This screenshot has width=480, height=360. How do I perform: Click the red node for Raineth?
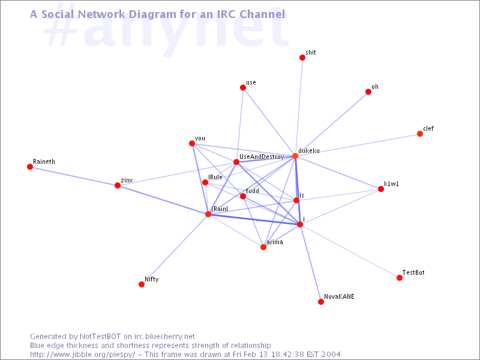click(x=29, y=167)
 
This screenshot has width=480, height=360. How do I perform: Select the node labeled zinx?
click(x=118, y=185)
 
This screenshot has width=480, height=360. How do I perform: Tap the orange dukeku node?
click(x=295, y=156)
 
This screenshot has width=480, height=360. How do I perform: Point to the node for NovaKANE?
click(x=321, y=302)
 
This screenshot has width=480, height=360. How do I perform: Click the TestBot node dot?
click(x=400, y=278)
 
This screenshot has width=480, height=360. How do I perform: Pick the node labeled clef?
click(x=420, y=134)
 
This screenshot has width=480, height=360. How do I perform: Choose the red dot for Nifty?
click(x=142, y=284)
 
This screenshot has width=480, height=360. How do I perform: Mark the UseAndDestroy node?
click(x=236, y=162)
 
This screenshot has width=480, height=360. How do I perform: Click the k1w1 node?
click(x=381, y=189)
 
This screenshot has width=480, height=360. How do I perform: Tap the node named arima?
click(x=263, y=247)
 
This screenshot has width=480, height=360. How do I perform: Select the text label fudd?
click(x=253, y=191)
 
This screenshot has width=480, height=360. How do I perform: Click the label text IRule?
click(x=215, y=177)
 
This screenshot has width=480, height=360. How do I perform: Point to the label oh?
click(x=375, y=87)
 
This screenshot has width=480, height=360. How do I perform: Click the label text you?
click(x=200, y=139)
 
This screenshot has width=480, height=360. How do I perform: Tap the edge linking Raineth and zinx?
click(x=74, y=176)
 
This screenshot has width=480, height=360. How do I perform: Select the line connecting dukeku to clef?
click(x=358, y=145)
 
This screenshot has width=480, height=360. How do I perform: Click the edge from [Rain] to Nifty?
click(x=175, y=249)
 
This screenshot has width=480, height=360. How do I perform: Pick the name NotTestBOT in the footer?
click(x=100, y=337)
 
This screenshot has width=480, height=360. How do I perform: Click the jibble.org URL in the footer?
click(x=83, y=355)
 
